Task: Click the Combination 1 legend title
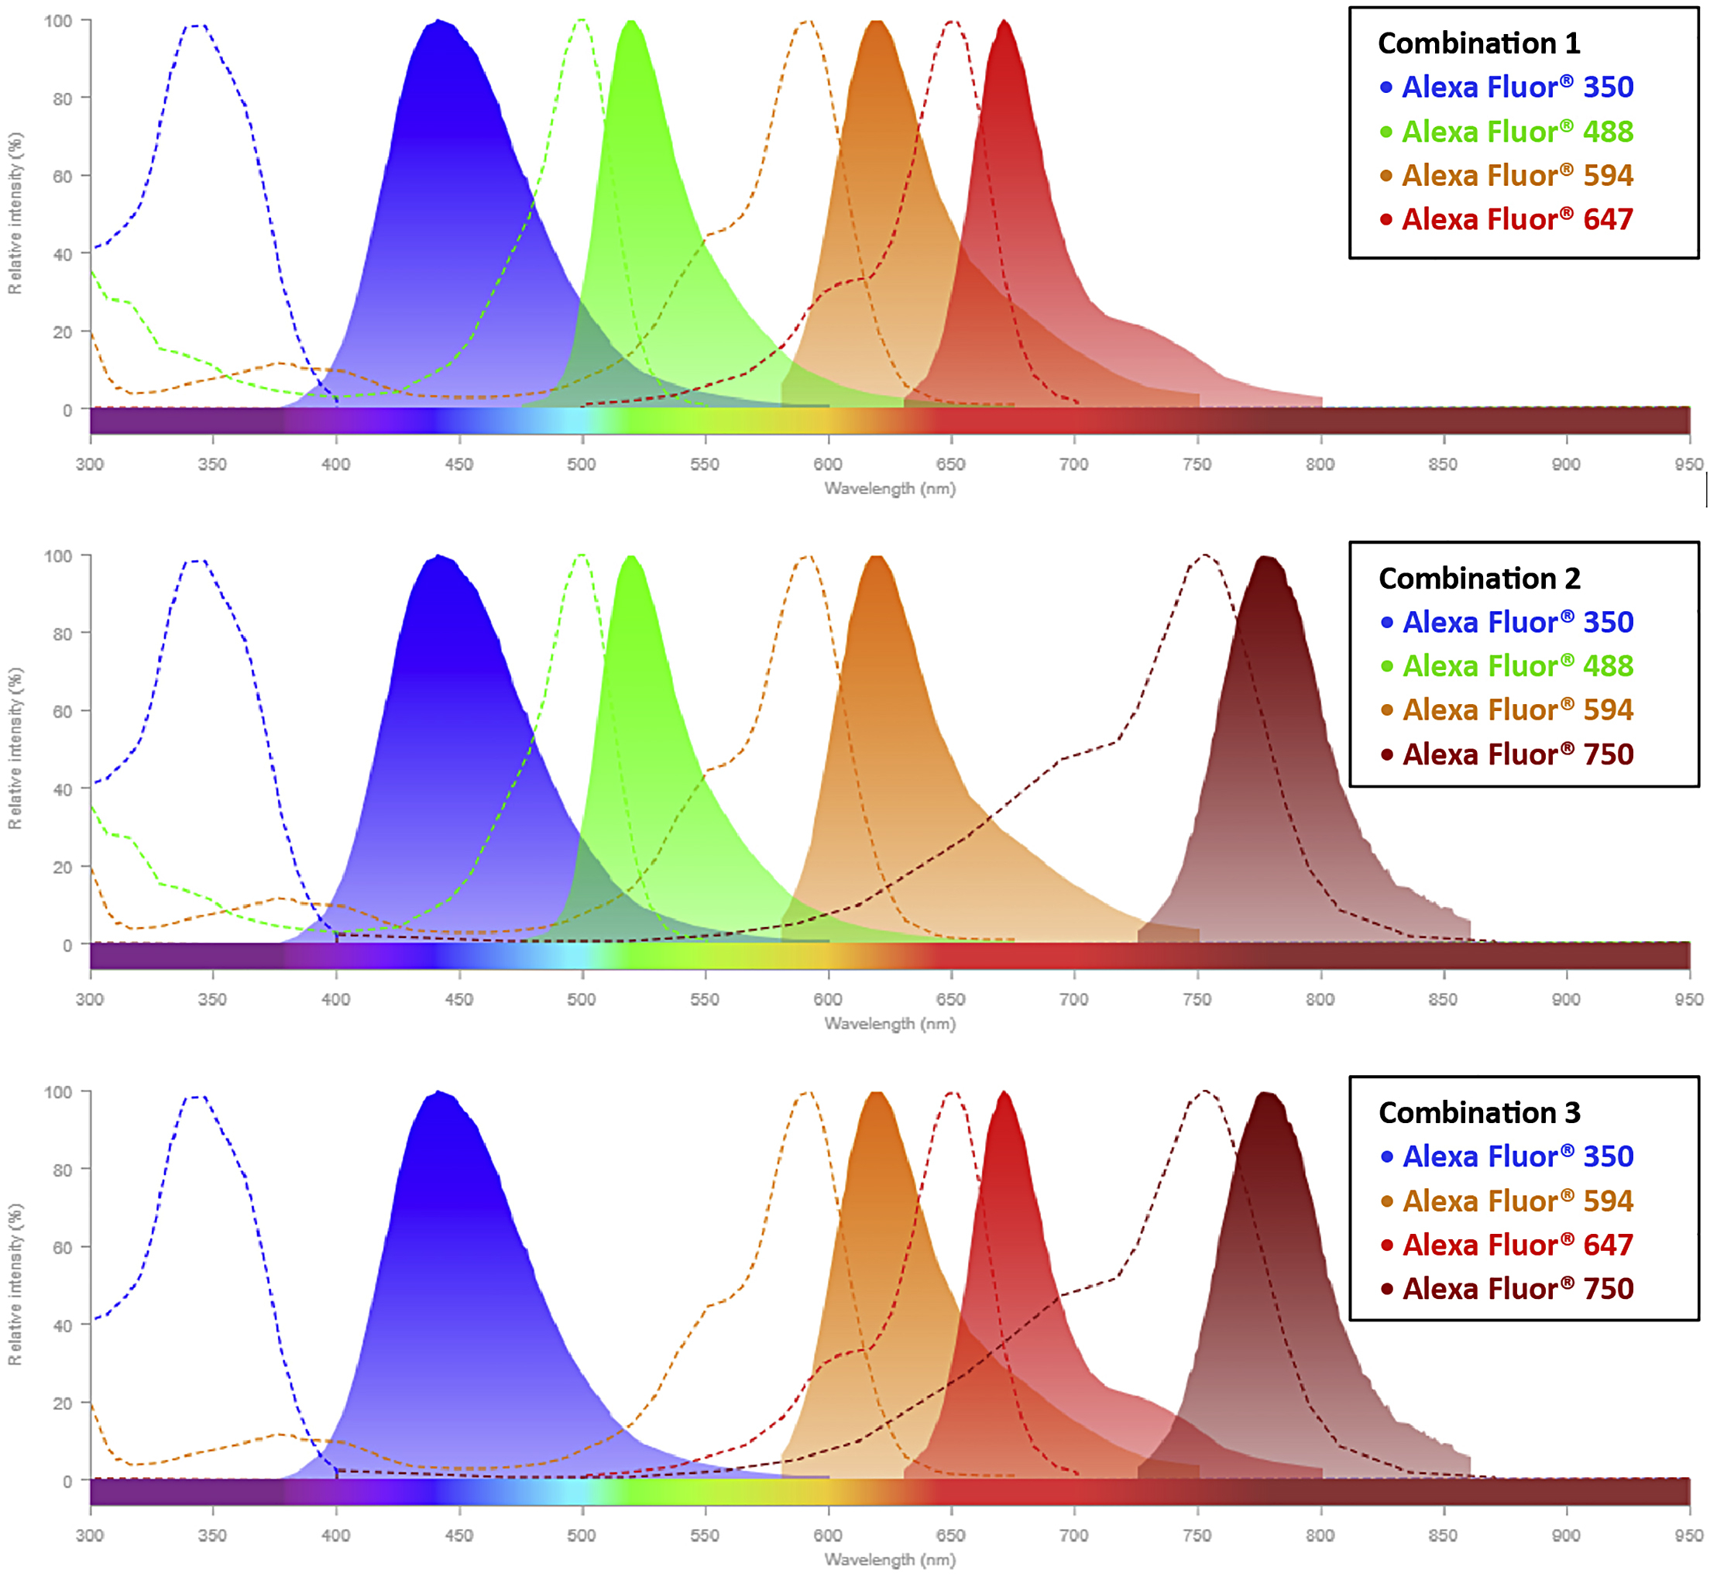coord(1478,43)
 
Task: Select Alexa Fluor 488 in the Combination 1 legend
coord(1516,132)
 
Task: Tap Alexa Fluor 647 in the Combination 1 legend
coord(1516,219)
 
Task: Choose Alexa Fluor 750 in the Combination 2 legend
coord(1517,754)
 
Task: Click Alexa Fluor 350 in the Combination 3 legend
coord(1517,1156)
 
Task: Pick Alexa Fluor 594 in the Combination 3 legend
coord(1517,1201)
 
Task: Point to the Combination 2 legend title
coord(1478,579)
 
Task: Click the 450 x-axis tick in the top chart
coord(459,464)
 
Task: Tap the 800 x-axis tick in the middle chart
coord(1320,999)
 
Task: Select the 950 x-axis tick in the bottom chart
coord(1688,1535)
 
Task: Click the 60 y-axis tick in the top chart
coord(62,177)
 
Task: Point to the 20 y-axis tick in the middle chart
coord(62,868)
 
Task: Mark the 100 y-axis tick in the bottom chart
coord(58,1092)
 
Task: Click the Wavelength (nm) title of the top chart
coord(889,489)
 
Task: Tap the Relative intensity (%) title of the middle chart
coord(15,748)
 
